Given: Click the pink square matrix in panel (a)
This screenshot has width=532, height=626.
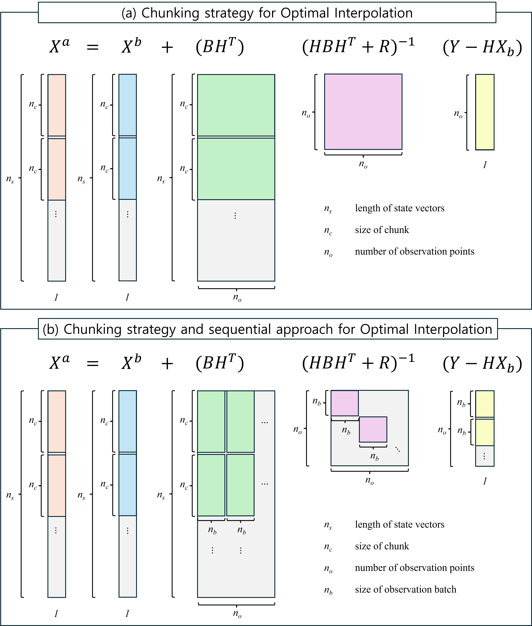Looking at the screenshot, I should pos(363,112).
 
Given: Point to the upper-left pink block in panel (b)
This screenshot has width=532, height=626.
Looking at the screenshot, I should pos(345,403).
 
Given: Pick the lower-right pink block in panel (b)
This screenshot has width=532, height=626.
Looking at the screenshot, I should pos(373,429).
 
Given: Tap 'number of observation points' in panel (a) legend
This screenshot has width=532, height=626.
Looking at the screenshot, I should pos(414,251).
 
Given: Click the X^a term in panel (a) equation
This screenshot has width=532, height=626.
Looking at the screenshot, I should pos(59,47).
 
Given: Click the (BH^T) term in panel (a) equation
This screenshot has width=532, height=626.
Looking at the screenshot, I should pos(220,47).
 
